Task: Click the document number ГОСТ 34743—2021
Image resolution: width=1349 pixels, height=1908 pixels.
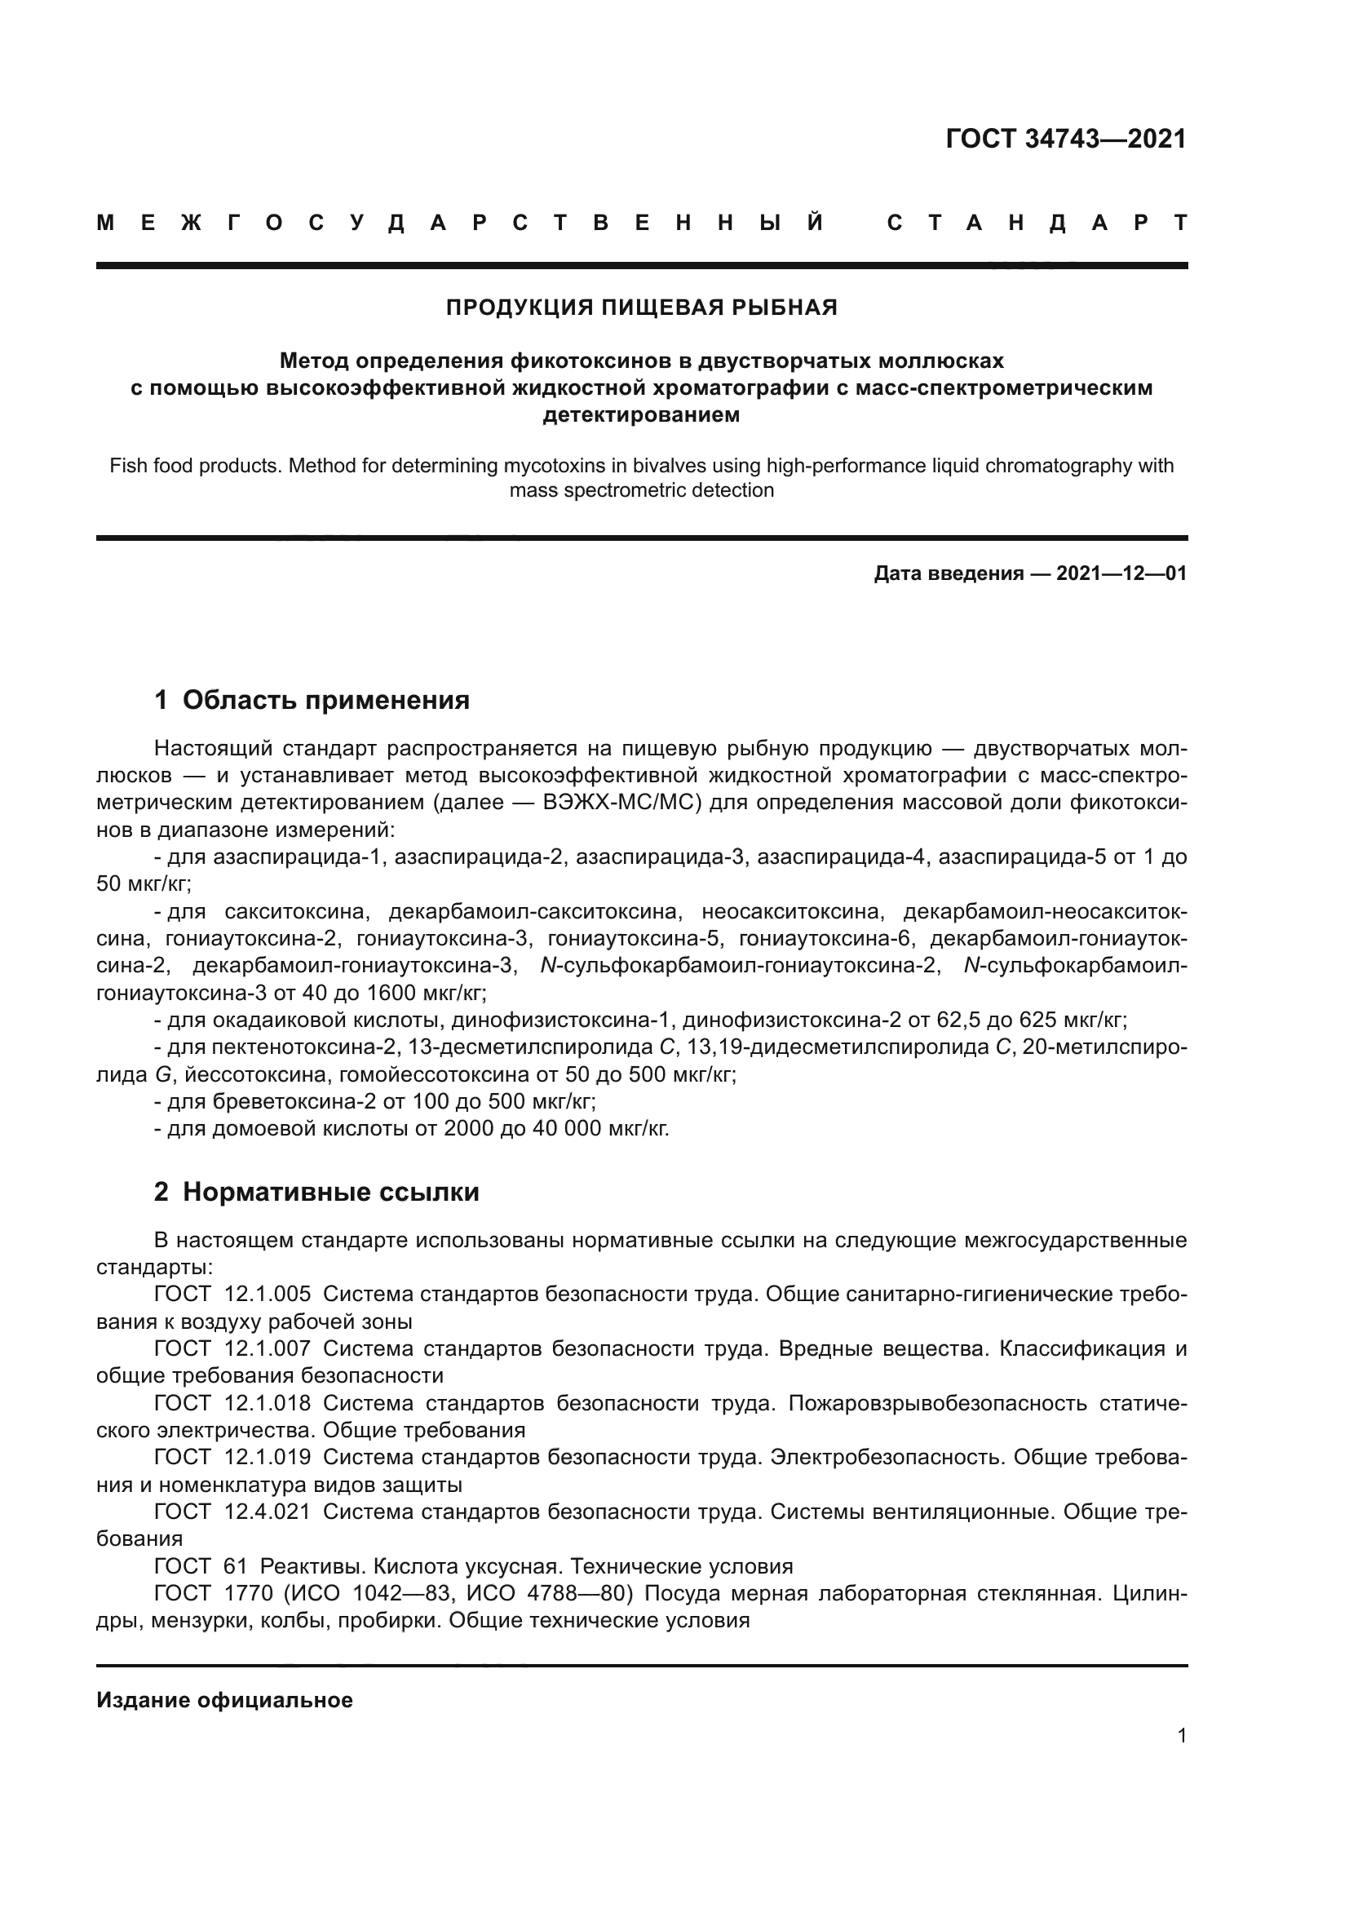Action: [1066, 139]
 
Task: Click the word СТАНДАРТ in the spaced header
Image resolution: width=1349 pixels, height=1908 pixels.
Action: [1037, 223]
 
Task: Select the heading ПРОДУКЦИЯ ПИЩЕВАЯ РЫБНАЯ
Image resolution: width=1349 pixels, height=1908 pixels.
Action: [641, 308]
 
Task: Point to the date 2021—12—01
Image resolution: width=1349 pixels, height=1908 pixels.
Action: [1121, 573]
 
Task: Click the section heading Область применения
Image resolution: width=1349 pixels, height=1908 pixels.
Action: [325, 700]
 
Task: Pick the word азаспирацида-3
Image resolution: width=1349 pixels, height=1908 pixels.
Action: [661, 857]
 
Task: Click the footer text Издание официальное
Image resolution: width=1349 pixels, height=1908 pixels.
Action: [224, 1700]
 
